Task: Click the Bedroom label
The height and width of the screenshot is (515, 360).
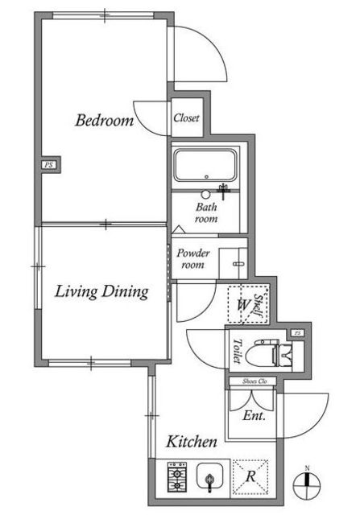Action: point(105,120)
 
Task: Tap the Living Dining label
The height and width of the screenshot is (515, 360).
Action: point(101,291)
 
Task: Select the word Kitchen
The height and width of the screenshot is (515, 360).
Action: point(192,442)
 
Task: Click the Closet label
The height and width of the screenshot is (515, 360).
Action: point(186,118)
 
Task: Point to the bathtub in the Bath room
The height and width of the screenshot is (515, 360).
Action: point(205,166)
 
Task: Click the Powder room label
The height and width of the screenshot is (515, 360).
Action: point(193,258)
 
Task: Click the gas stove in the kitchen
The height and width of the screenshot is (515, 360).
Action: point(177,477)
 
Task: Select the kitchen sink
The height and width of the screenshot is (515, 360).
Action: point(209,476)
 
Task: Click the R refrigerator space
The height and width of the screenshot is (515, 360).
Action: point(250,476)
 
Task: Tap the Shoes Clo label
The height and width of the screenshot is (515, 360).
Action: point(254,381)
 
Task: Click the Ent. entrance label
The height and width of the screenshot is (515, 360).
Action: point(254,416)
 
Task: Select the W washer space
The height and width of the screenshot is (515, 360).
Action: point(243,305)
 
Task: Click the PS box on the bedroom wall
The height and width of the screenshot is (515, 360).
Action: point(48,164)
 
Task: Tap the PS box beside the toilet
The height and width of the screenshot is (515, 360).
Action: point(297,333)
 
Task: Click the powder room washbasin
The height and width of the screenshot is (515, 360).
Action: point(233,263)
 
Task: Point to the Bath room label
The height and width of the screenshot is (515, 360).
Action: point(206,212)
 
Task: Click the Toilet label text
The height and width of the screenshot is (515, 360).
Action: point(237,351)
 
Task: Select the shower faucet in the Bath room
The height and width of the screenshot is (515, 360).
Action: point(224,191)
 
